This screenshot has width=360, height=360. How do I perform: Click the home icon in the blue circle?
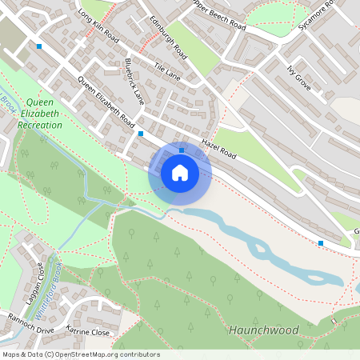point(180,173)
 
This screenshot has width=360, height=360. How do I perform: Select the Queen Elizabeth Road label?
point(106,101)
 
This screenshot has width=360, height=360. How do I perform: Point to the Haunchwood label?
point(263,330)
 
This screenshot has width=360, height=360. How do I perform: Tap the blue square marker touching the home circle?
point(182,150)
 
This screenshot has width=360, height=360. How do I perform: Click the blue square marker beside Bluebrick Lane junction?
point(141,134)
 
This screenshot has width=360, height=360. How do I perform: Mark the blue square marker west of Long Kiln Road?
point(38,46)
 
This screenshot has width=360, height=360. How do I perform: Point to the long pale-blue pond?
point(264,243)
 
